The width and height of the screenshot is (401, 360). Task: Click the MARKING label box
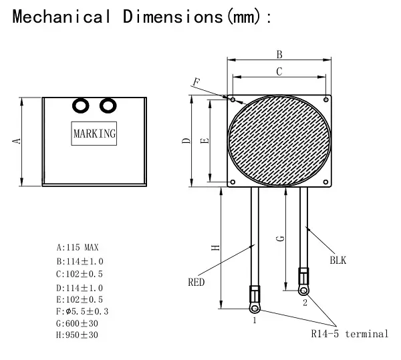(95, 134)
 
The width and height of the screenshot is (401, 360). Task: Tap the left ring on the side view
(82, 106)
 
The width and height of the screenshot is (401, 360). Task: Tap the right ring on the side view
(107, 106)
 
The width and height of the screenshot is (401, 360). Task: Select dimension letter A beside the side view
(18, 140)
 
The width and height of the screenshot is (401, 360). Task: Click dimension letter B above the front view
(279, 54)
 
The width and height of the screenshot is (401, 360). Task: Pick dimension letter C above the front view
(279, 70)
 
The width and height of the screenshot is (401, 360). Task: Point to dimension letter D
(187, 140)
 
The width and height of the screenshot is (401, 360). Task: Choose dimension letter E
(205, 140)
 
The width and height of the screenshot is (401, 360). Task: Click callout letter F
(196, 82)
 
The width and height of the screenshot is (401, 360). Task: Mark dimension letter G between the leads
(281, 238)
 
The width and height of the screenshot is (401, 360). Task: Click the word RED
(196, 283)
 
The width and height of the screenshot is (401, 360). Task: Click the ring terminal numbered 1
(255, 308)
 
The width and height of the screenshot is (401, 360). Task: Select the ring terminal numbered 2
(305, 289)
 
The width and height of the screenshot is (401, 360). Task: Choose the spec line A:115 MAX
(78, 247)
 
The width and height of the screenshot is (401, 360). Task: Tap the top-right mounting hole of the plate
(325, 100)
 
